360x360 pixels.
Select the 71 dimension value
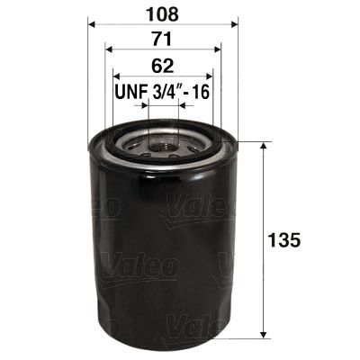tap(163, 40)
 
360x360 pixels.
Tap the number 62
tap(163, 66)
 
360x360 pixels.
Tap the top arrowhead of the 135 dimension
tap(263, 147)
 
